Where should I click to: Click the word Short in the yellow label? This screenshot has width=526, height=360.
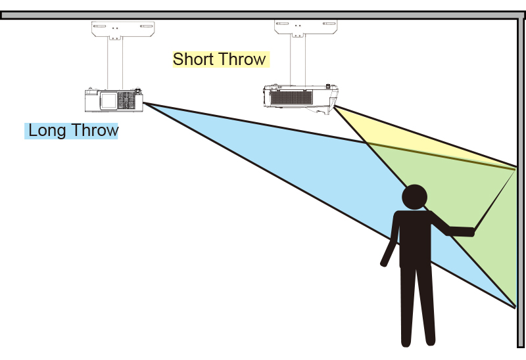(193, 59)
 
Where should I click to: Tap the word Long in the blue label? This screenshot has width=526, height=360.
(47, 130)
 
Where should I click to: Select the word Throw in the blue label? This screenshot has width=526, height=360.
(93, 130)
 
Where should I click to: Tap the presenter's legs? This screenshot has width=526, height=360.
(418, 302)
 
